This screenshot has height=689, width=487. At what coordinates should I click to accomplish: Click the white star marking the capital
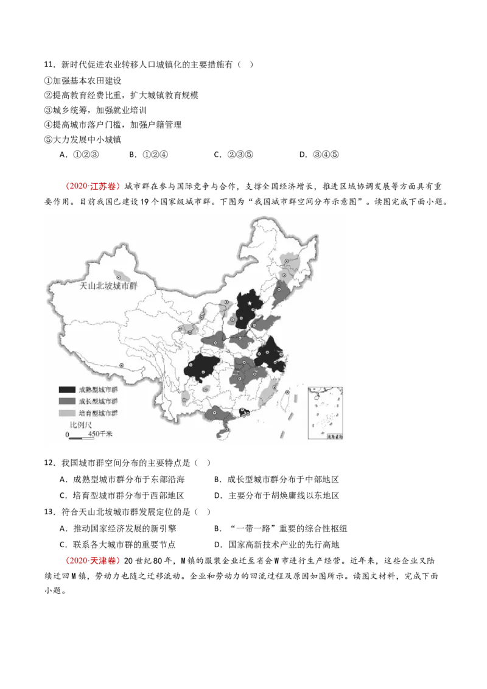pos(250,304)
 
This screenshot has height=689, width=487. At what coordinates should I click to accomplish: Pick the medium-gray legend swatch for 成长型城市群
pos(66,402)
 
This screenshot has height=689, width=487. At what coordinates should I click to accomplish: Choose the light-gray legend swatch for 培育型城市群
pos(66,413)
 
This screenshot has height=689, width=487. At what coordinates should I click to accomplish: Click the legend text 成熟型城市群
pos(98,390)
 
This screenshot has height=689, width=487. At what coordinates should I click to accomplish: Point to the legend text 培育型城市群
pos(98,413)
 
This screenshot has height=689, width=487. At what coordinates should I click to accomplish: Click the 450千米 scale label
pos(100,434)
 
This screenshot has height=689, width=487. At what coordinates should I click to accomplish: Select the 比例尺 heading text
pos(80,424)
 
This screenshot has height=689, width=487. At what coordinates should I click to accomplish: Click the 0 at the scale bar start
pos(67,434)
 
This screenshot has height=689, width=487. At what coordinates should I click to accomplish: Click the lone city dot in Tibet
pos(121,365)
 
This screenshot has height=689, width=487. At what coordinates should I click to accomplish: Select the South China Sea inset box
pos(326,412)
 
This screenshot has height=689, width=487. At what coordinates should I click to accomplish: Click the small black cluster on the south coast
pos(243,413)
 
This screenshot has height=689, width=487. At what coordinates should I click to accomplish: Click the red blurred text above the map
pos(93,186)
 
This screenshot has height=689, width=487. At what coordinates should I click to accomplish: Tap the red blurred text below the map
pos(93,560)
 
